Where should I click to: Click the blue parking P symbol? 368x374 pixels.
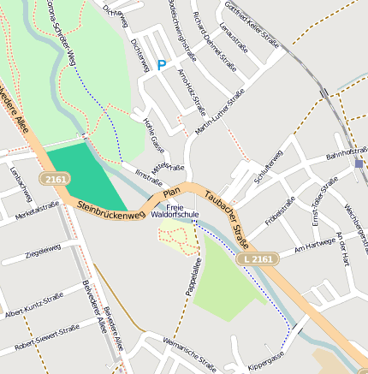(161, 65)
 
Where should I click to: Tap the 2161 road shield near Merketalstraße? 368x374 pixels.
(56, 179)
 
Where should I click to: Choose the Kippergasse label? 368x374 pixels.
(264, 361)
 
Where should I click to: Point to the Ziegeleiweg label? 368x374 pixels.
(44, 252)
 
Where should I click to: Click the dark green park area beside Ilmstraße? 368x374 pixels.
(80, 175)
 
